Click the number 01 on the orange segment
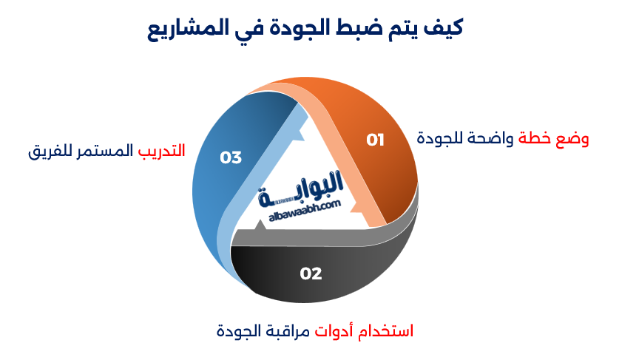pos(376,140)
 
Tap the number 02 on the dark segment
pos(311,274)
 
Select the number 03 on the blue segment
pos(231,157)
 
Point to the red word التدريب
pos(161,151)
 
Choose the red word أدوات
pos(337,330)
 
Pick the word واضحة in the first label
pos(494,138)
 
